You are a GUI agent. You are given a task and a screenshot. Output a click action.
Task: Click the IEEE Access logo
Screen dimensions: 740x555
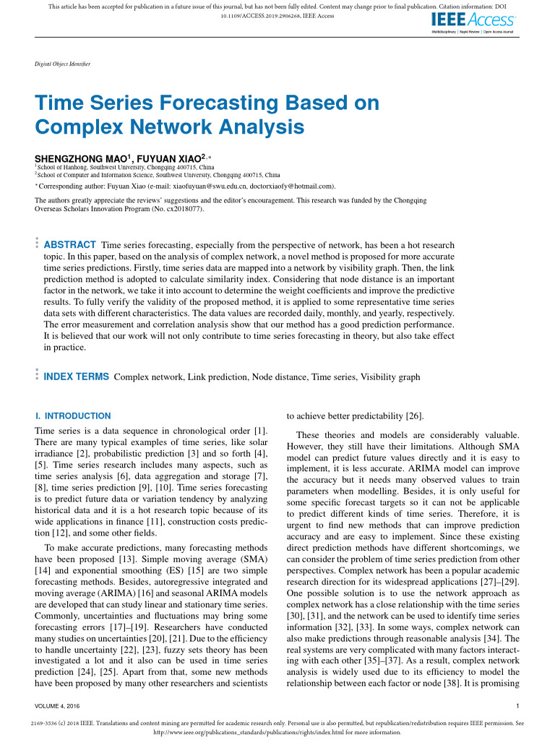click(x=473, y=22)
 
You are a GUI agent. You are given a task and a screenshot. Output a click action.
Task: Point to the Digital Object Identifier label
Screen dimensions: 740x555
click(x=63, y=64)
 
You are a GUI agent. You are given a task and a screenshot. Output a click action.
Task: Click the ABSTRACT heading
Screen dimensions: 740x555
click(x=70, y=245)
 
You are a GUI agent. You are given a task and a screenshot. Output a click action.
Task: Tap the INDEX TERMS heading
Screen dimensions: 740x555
click(x=77, y=377)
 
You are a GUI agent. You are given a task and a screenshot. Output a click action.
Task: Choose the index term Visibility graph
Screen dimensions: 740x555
click(x=390, y=377)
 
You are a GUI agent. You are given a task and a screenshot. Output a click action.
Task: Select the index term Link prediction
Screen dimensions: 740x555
click(x=220, y=377)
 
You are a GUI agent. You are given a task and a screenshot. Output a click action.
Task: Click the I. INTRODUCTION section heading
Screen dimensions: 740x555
click(x=73, y=416)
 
